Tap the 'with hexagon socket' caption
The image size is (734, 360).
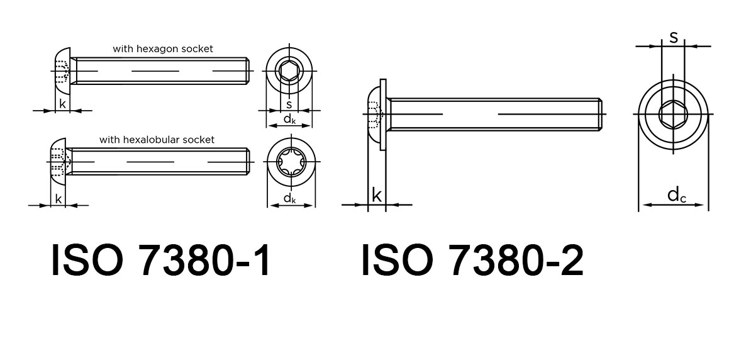pyautogui.click(x=163, y=48)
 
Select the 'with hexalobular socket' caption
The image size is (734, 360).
pyautogui.click(x=157, y=140)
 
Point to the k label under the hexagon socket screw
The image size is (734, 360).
pyautogui.click(x=62, y=104)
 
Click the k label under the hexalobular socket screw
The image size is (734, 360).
pyautogui.click(x=58, y=199)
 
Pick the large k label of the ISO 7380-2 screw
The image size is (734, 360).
pyautogui.click(x=376, y=195)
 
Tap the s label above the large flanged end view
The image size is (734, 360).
pyautogui.click(x=674, y=37)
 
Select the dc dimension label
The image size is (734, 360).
pyautogui.click(x=677, y=196)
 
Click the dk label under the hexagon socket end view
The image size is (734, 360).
pyautogui.click(x=289, y=119)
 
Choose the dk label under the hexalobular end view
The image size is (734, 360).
pyautogui.click(x=290, y=198)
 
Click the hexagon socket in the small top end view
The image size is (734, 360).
pyautogui.click(x=289, y=72)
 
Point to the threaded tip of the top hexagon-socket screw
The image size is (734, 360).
pyautogui.click(x=248, y=71)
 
